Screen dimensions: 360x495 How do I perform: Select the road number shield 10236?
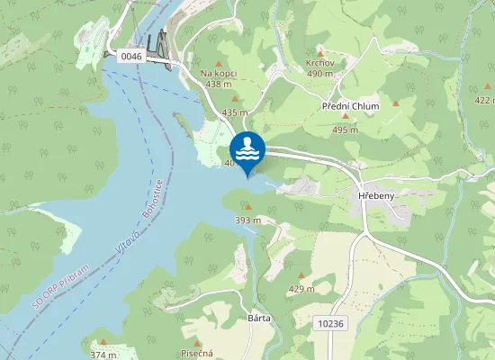tap(331, 322)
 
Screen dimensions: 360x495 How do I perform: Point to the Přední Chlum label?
tap(351, 106)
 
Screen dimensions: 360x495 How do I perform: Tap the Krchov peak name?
tap(319, 63)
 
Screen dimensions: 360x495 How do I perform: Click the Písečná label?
tap(195, 353)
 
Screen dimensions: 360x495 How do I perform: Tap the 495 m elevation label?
tap(345, 130)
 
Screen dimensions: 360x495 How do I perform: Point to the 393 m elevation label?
tap(247, 220)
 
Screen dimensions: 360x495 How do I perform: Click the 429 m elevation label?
tap(301, 289)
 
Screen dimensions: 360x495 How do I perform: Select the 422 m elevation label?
tap(484, 101)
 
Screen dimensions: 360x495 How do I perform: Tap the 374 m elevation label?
tap(103, 355)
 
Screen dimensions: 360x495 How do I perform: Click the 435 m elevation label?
tap(234, 112)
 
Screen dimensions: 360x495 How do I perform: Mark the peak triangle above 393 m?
tap(247, 207)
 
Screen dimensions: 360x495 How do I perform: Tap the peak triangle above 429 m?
tap(301, 276)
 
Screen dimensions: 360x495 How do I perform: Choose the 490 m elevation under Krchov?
tap(319, 74)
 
